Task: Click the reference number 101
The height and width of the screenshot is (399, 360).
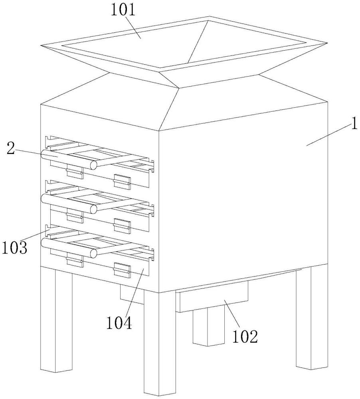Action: (x=123, y=11)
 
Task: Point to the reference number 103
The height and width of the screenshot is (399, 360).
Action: (x=14, y=248)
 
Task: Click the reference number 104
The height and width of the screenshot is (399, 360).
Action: (x=119, y=323)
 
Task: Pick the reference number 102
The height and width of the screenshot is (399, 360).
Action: (x=245, y=337)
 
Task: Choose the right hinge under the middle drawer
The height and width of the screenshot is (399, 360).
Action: (x=122, y=226)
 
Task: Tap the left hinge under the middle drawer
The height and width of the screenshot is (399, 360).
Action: (x=75, y=216)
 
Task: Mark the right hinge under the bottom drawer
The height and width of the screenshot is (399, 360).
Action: (x=122, y=270)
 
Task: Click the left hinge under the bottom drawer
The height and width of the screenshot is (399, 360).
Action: (x=75, y=260)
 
